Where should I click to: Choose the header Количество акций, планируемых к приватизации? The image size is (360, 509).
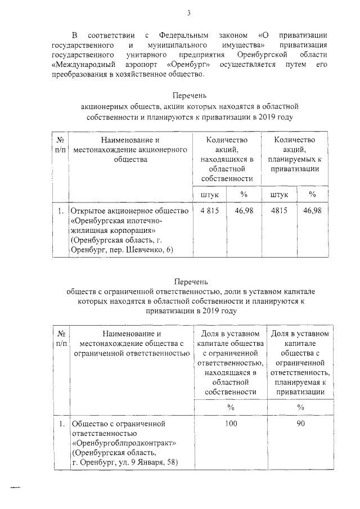pyautogui.click(x=295, y=154)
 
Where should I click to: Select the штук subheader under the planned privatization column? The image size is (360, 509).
pyautogui.click(x=280, y=194)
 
